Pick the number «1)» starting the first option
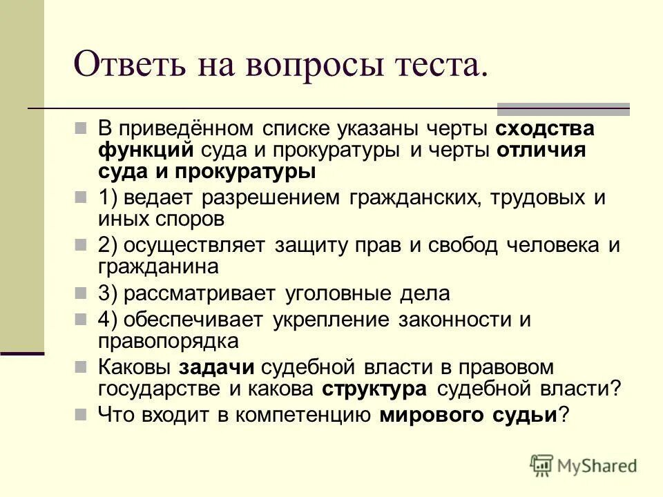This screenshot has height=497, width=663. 110,197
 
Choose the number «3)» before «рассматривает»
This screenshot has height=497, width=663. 110,293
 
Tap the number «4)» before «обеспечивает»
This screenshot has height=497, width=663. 110,320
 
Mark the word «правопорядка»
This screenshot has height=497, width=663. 169,341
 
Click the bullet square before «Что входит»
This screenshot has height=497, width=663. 81,413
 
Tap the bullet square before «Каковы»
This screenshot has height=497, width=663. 81,366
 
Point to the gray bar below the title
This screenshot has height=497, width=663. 564,108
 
